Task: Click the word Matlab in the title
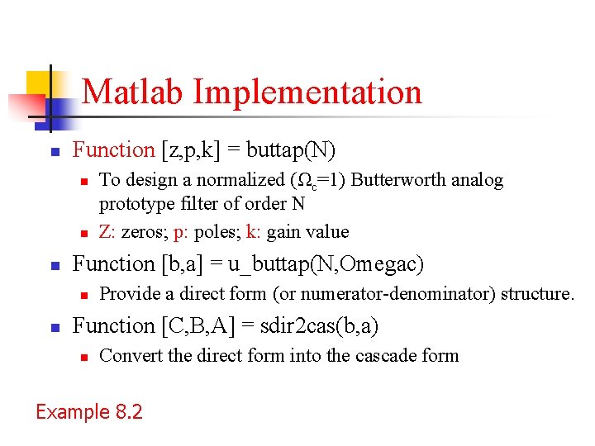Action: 134,92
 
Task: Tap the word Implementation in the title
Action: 307,92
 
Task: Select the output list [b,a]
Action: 187,264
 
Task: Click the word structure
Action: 534,294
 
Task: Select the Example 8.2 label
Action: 89,411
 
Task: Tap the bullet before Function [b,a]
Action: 55,266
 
